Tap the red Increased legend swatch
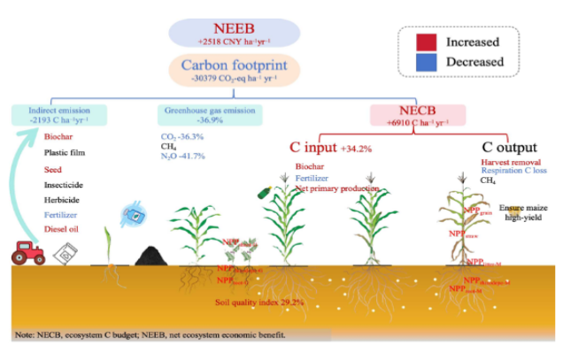[428, 41]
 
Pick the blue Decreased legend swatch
[428, 62]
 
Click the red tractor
[29, 253]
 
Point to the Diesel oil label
[65, 229]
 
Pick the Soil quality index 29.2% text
[260, 302]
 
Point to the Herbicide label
[63, 199]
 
